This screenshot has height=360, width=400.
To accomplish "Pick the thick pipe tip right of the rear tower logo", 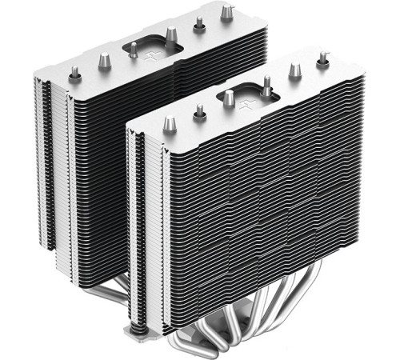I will [x=170, y=34].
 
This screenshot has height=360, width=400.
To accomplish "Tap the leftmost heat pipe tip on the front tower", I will [x=169, y=124].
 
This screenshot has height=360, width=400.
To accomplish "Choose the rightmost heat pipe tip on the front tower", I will [x=322, y=58].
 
